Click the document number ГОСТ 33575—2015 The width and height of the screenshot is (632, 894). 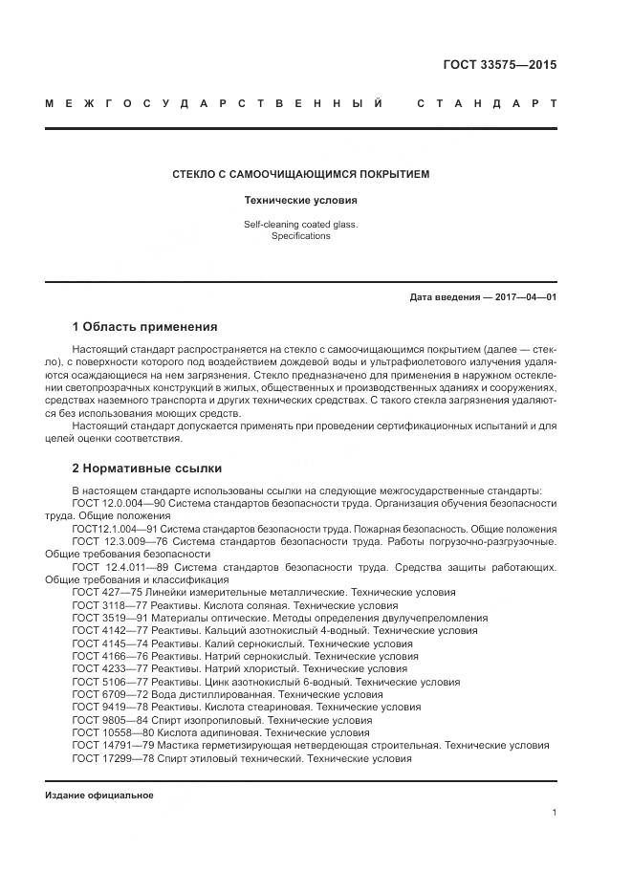point(499,66)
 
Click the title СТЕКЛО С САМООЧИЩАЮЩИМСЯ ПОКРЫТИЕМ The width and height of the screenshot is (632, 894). point(300,175)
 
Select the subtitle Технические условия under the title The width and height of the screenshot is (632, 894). point(300,201)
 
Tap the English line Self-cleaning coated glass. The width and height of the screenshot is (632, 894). point(300,225)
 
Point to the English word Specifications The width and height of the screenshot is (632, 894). point(300,236)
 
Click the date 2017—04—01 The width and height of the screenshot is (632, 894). point(520,297)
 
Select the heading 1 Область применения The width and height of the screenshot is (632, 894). point(144,326)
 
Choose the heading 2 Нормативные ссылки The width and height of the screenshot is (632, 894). point(146,469)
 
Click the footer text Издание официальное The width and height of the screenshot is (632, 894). point(98,796)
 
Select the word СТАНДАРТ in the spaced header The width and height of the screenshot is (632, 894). point(486,102)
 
